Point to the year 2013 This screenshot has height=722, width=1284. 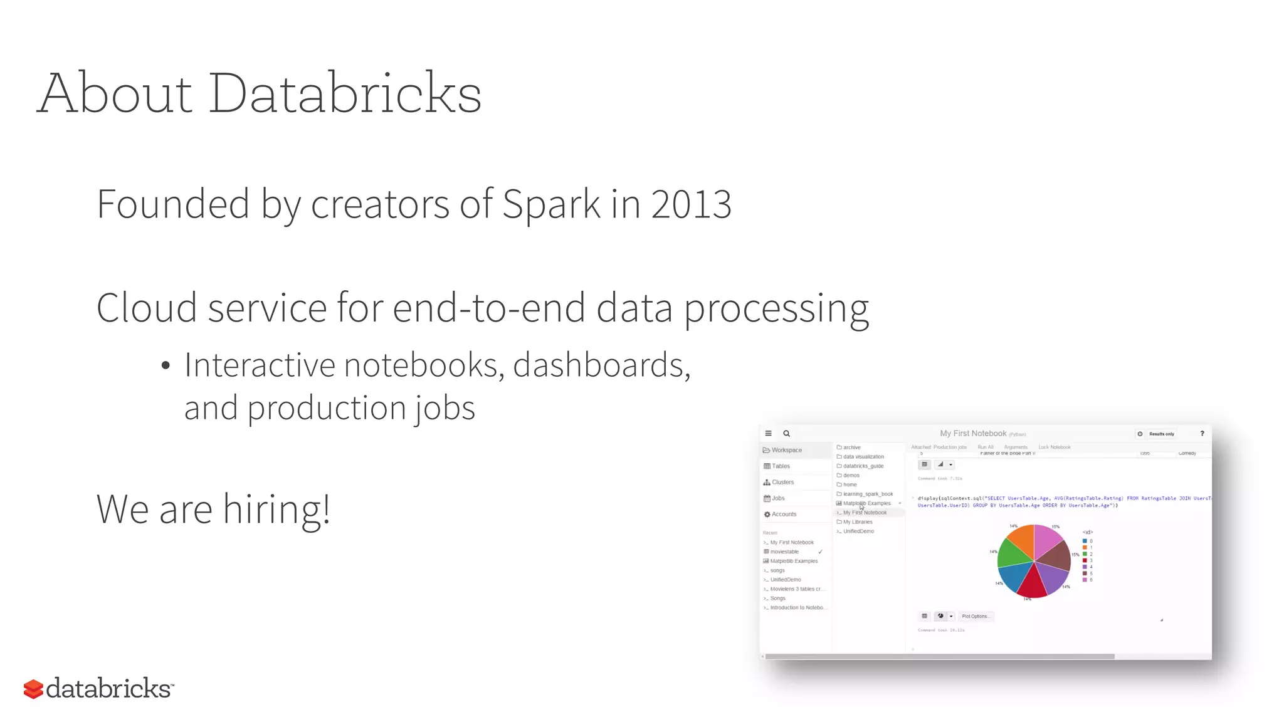point(691,204)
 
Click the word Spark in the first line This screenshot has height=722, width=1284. point(551,204)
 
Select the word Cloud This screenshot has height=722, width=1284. point(147,308)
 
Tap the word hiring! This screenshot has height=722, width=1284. point(276,509)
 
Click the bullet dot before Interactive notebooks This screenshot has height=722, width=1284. point(166,366)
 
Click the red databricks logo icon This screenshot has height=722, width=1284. point(33,689)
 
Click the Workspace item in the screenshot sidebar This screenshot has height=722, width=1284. point(786,450)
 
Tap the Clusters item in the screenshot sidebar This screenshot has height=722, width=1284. point(782,482)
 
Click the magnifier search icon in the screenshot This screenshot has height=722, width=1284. point(787,434)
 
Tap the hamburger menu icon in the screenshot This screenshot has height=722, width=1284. point(768,434)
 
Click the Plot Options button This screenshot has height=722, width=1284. point(976,616)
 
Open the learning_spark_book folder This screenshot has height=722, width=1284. point(868,494)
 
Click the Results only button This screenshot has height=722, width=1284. point(1161,434)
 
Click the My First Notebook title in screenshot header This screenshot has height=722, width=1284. point(972,434)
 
